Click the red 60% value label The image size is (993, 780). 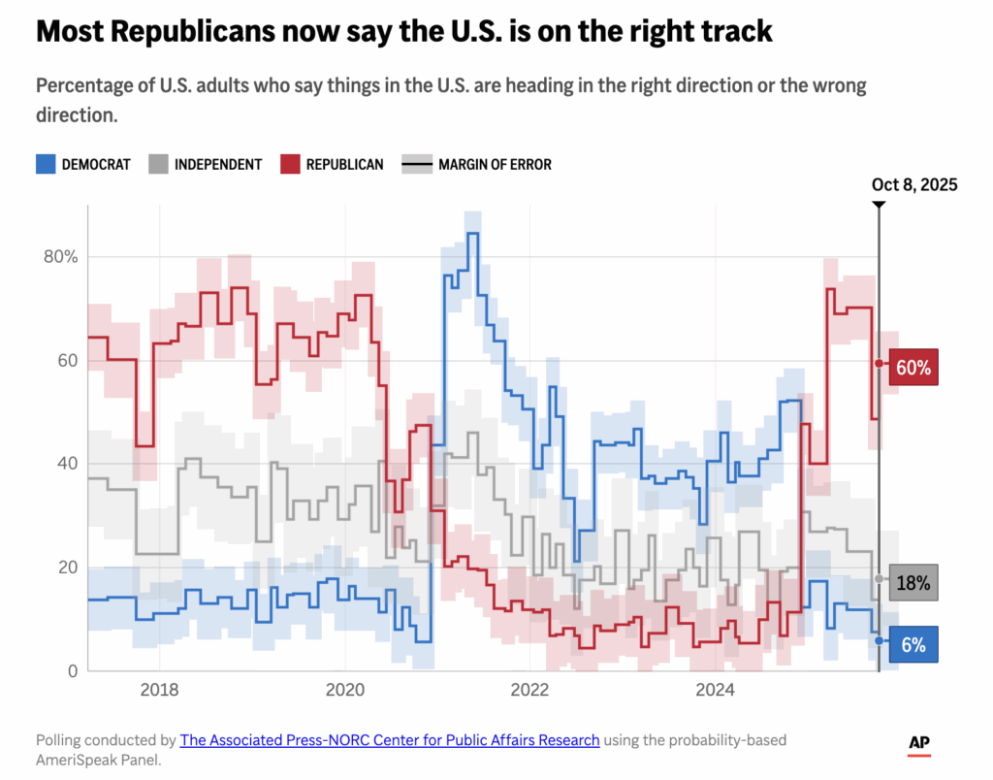pos(913,368)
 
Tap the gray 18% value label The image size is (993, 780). pos(913,583)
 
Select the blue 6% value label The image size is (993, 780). pos(913,644)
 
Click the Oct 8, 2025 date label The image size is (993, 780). pos(914,185)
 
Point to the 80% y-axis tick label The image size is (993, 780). pos(57,257)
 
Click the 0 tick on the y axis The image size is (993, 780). pos(73,670)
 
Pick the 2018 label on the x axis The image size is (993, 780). pos(159,691)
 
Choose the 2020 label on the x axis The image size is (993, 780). pos(344,691)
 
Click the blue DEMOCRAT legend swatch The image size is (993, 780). pos(45,164)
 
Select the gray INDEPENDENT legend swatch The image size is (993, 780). pos(158,164)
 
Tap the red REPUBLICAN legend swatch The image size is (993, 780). pos(289,164)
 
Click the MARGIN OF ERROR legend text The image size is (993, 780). pos(495,165)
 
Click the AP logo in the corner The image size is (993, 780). pos(919,743)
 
